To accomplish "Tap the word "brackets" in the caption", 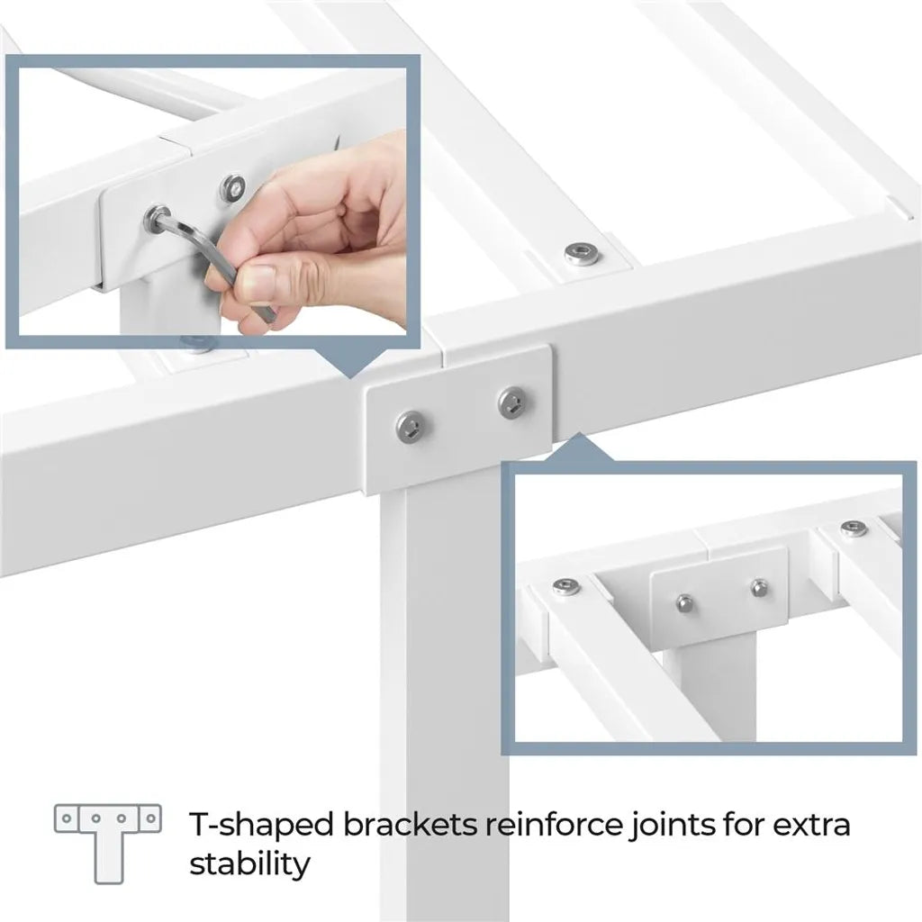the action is (x=410, y=825).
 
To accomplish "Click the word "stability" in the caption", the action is (x=250, y=864).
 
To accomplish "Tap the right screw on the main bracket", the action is (x=512, y=403).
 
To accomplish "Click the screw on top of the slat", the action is (x=579, y=253).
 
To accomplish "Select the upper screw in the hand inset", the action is (x=233, y=187).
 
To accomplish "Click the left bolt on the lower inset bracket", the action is (x=684, y=602).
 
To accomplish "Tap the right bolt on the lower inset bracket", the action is (x=759, y=587).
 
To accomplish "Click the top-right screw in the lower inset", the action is (x=854, y=529).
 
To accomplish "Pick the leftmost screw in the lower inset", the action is (x=566, y=585).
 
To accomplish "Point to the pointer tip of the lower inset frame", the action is (x=579, y=434).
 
